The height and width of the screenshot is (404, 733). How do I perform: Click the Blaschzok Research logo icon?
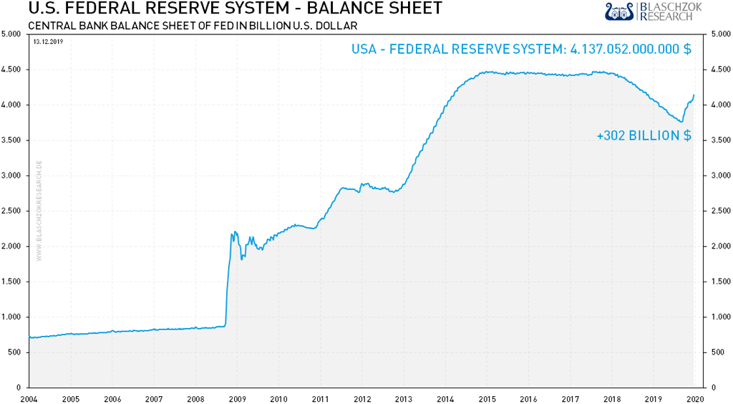pyautogui.click(x=620, y=11)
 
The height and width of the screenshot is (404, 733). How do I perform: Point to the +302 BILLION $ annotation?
pyautogui.click(x=644, y=135)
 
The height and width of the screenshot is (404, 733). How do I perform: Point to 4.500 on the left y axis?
pyautogui.click(x=13, y=69)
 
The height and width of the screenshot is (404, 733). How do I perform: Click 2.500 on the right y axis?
pyautogui.click(x=717, y=211)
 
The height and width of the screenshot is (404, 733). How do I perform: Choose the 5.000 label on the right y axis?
pyautogui.click(x=717, y=34)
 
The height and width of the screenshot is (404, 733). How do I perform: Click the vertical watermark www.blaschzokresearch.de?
pyautogui.click(x=39, y=211)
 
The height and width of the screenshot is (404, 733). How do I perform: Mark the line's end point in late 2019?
pyautogui.click(x=694, y=95)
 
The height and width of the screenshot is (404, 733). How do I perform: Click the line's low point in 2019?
pyautogui.click(x=681, y=122)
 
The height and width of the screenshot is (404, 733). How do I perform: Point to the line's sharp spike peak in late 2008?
pyautogui.click(x=234, y=231)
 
